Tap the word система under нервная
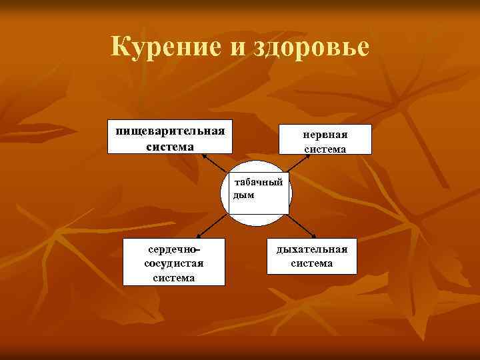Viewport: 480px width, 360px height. (x=325, y=149)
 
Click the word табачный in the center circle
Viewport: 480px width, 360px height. (x=259, y=182)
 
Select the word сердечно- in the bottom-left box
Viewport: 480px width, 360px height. (x=174, y=249)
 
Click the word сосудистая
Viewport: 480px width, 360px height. (x=174, y=263)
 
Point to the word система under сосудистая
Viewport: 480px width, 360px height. (x=174, y=277)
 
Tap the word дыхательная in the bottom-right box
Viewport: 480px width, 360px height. (x=312, y=249)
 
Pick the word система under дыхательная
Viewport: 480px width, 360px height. (x=312, y=263)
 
